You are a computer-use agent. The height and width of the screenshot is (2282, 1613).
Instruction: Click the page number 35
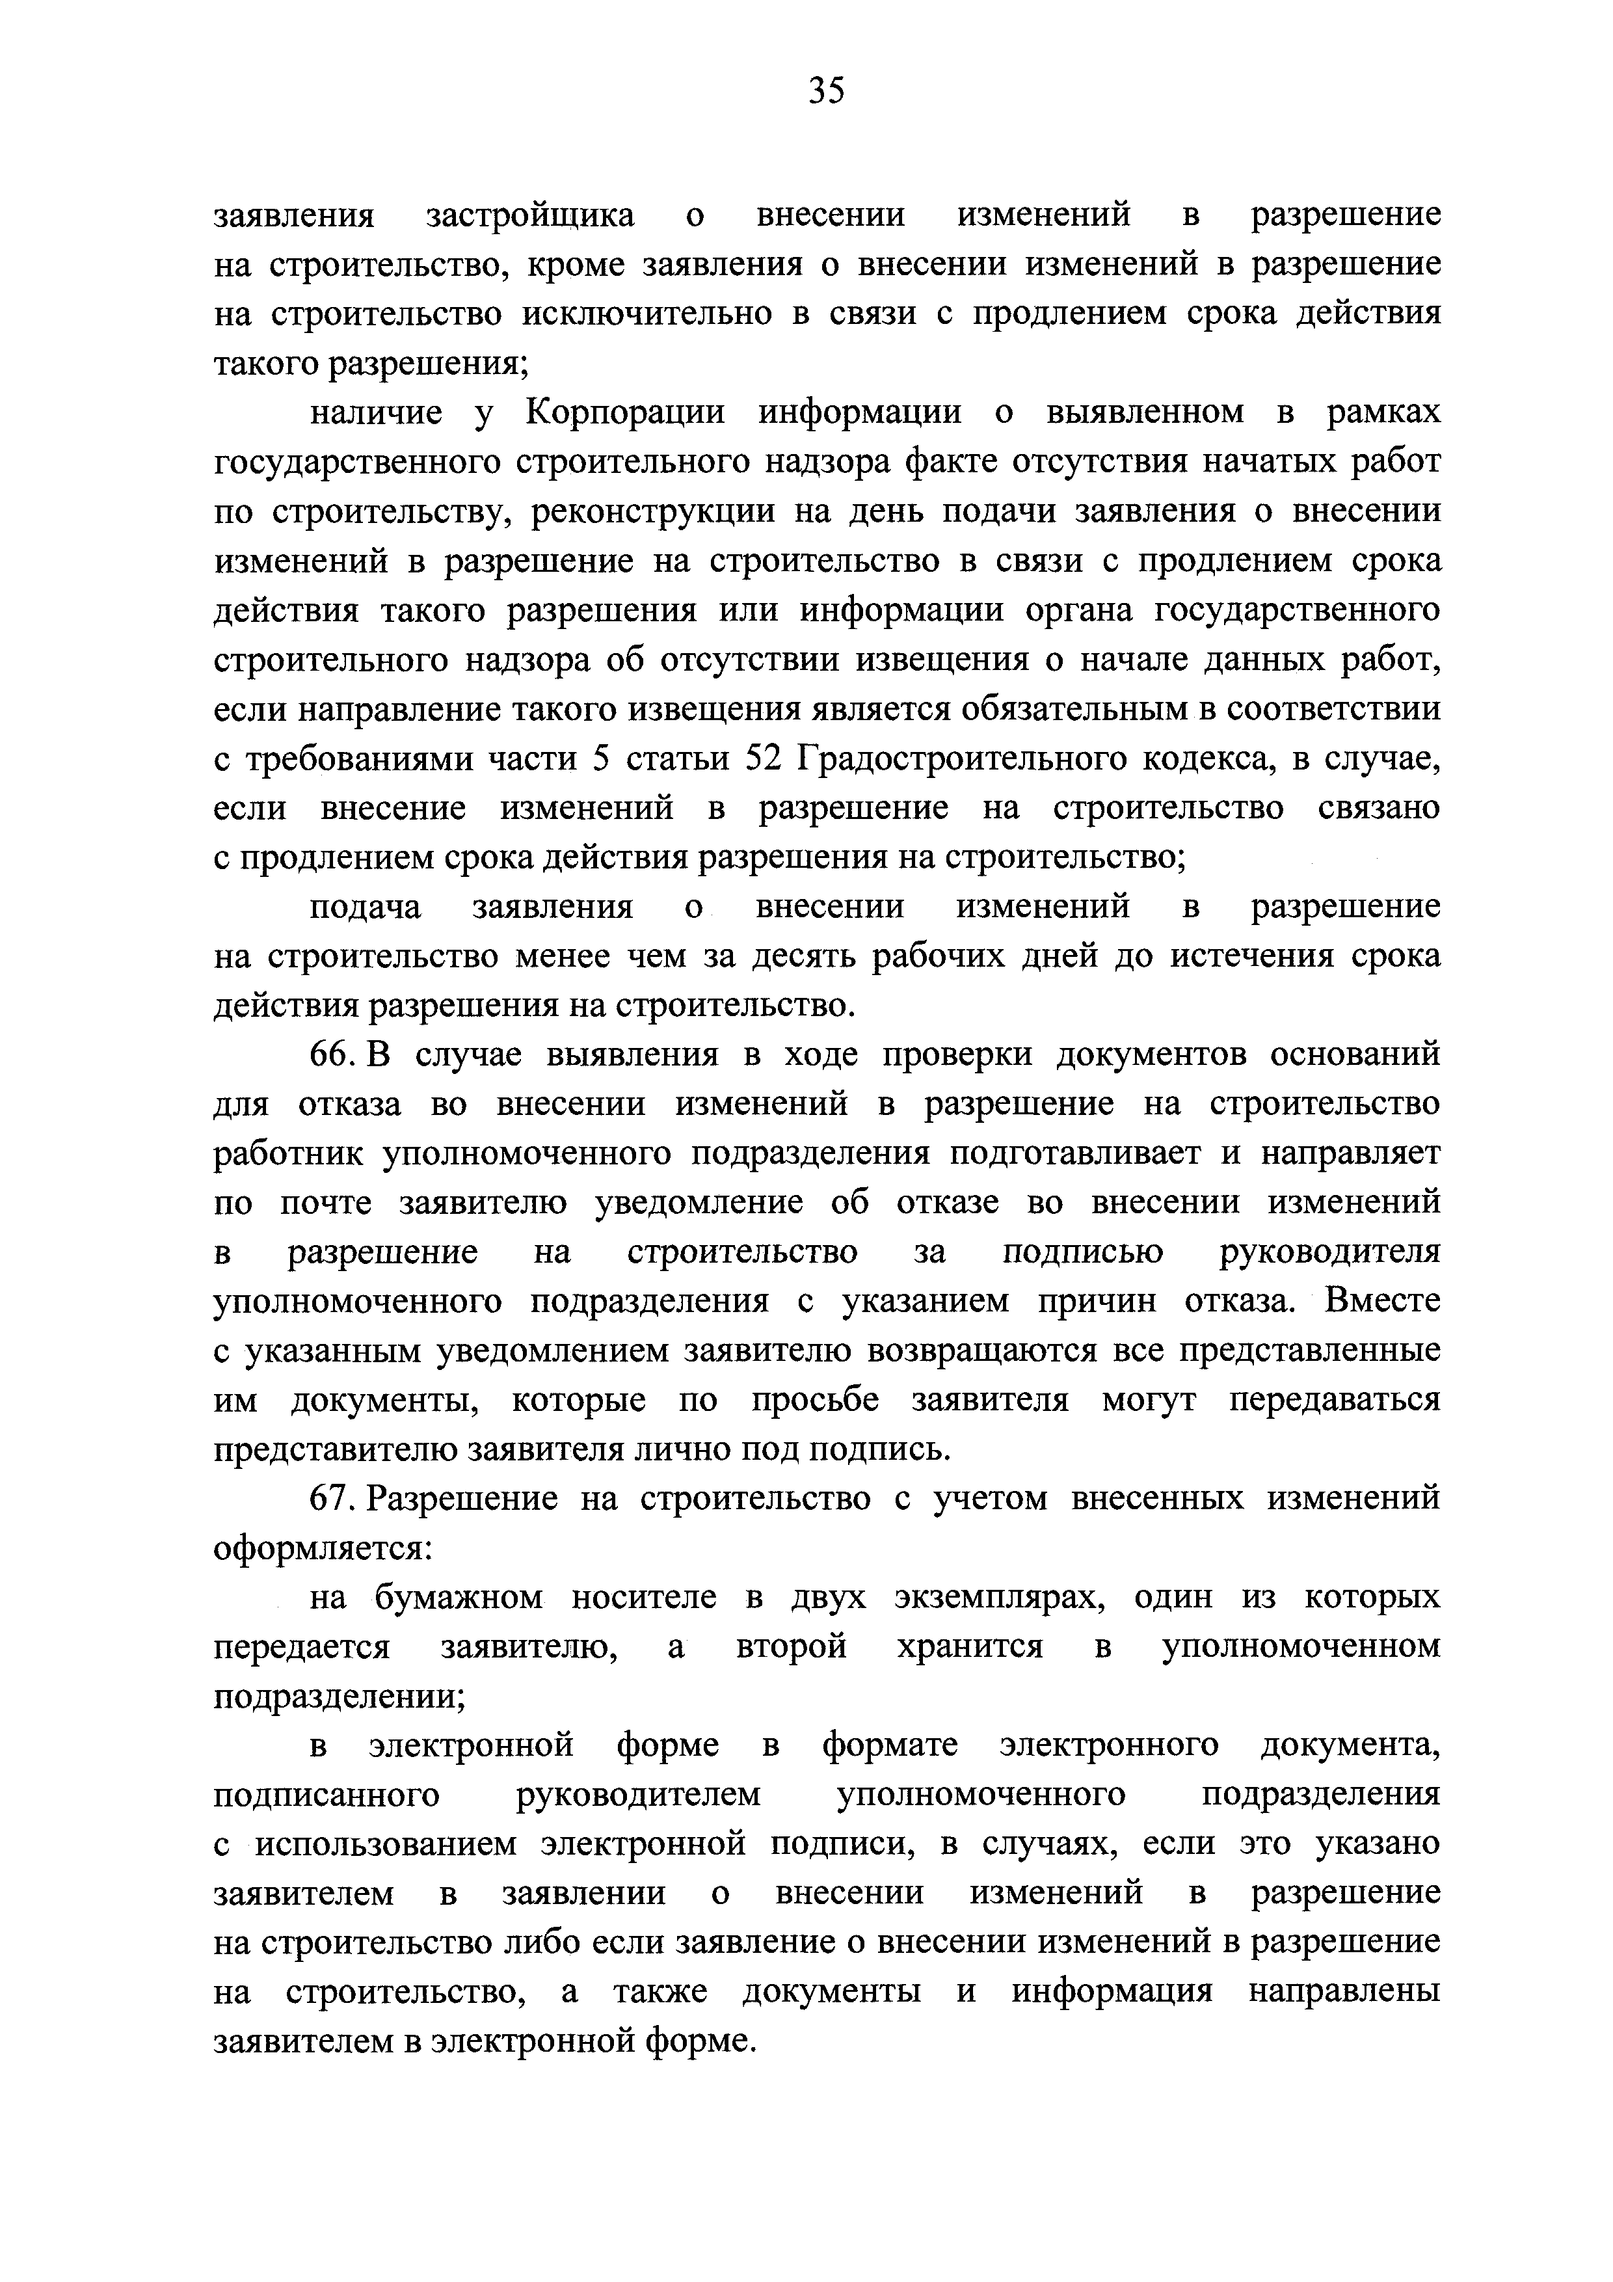click(x=826, y=92)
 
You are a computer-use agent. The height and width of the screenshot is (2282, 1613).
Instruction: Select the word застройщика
click(x=531, y=216)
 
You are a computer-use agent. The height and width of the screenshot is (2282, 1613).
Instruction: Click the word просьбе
click(x=815, y=1401)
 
